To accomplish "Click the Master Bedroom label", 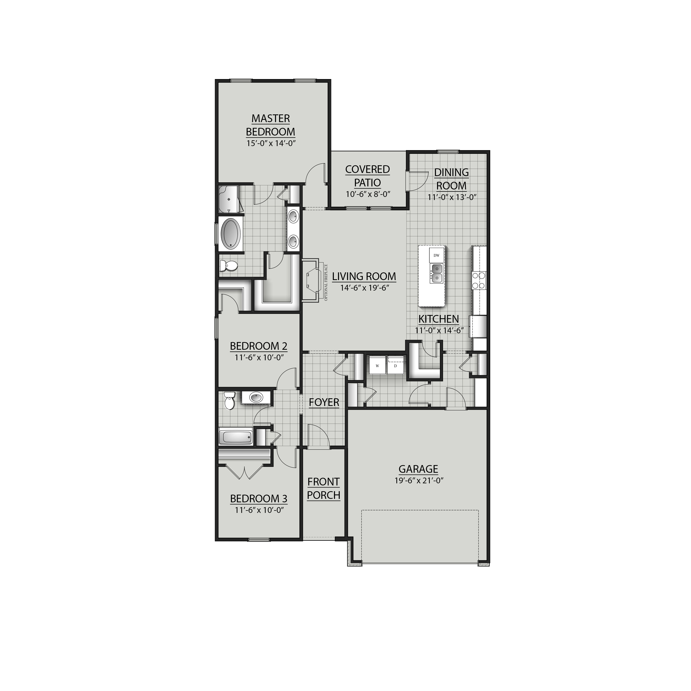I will [270, 125].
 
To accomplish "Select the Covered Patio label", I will [367, 176].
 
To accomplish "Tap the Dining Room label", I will [451, 179].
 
